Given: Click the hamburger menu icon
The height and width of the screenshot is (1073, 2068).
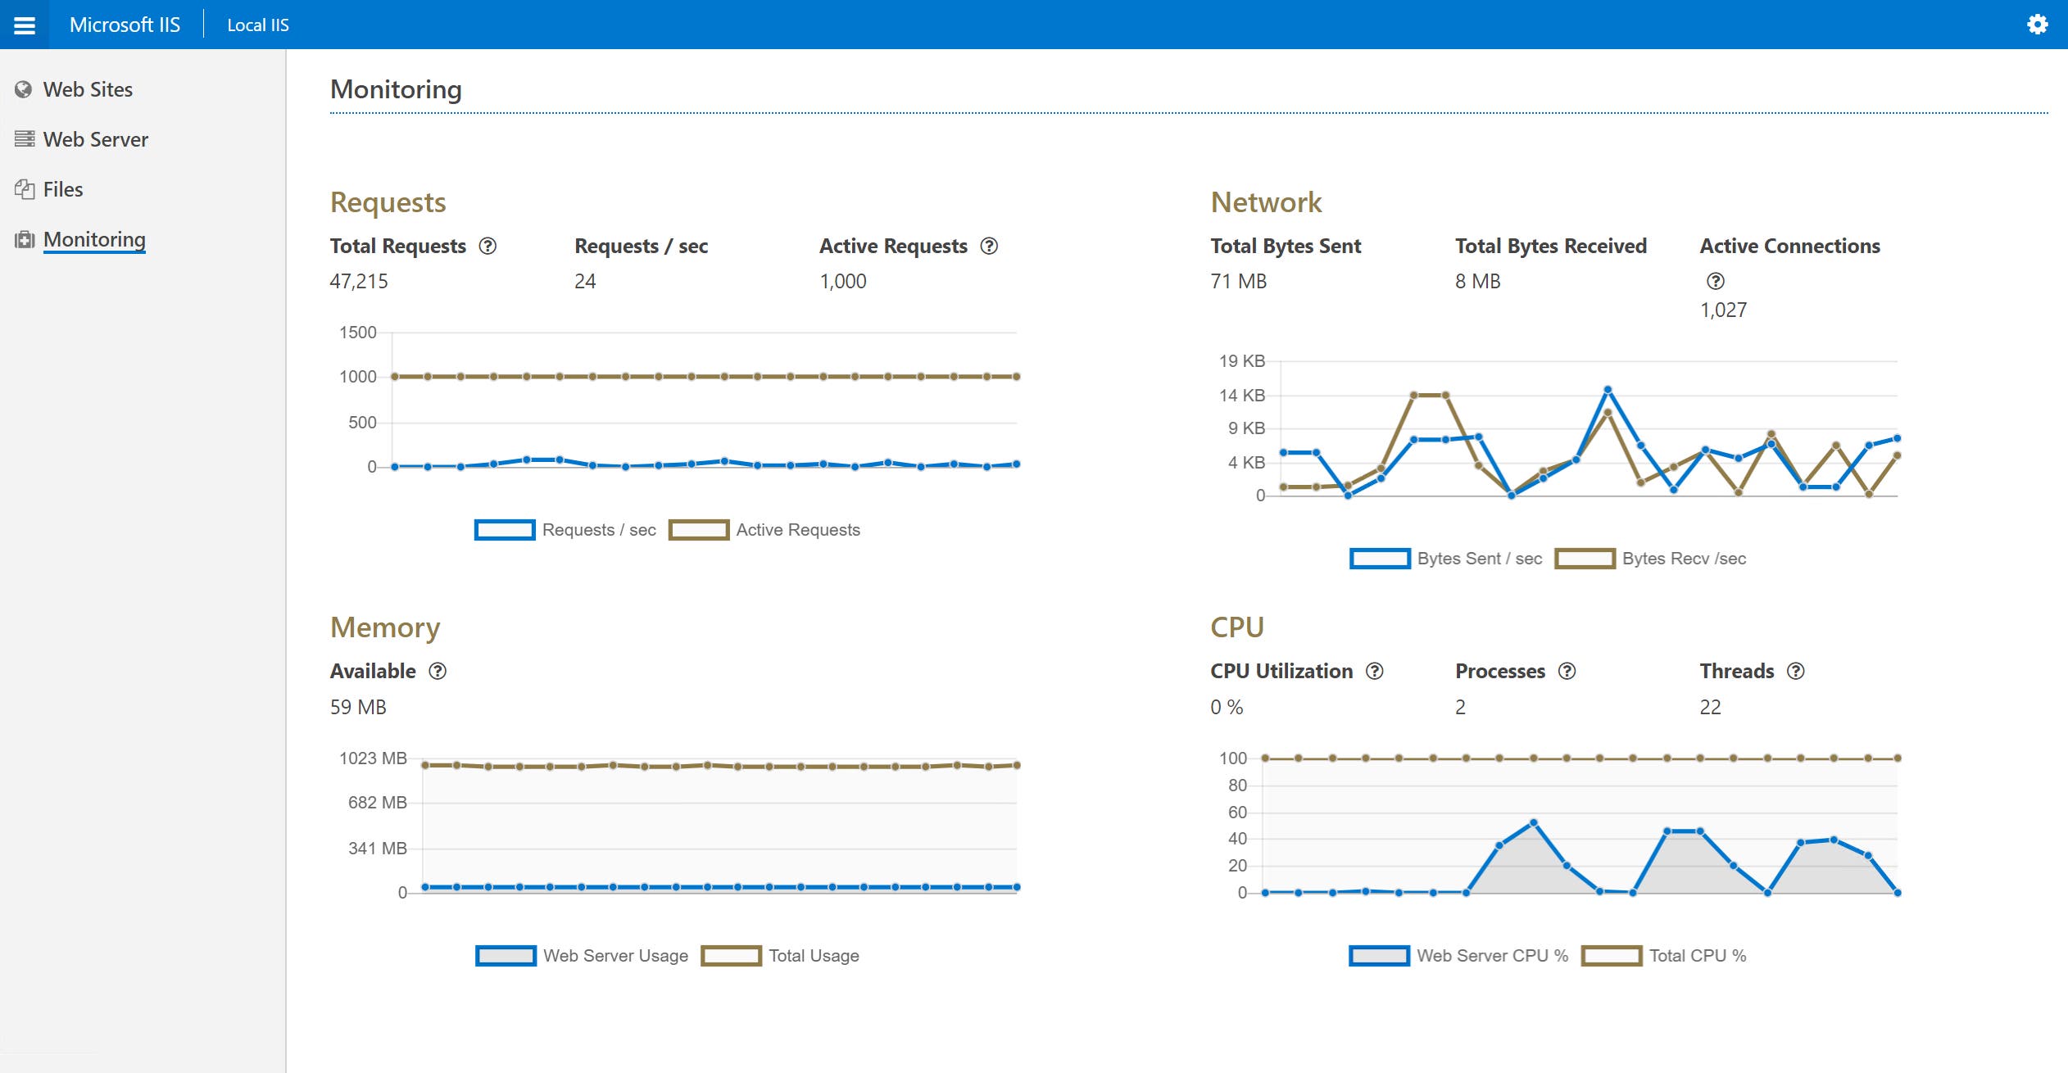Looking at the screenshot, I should click(x=25, y=25).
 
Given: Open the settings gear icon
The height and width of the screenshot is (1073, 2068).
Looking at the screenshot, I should click(x=2037, y=25).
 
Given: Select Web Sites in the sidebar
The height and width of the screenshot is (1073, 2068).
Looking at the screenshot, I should click(x=87, y=89).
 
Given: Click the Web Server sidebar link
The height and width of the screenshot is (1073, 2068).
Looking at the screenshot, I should click(x=95, y=139).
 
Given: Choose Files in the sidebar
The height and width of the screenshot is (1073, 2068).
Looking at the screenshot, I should click(x=62, y=189).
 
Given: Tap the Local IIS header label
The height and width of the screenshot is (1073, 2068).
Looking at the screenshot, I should click(x=257, y=25).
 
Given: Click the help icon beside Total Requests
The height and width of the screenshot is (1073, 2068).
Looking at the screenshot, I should click(x=488, y=246).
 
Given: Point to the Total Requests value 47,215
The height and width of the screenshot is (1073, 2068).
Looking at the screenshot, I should click(x=359, y=281).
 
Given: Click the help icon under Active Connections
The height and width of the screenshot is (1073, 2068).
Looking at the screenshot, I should click(x=1715, y=281).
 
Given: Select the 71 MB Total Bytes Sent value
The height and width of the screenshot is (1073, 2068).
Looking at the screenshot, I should click(x=1238, y=281).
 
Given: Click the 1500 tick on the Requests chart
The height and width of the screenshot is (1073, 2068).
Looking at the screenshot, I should click(x=357, y=333).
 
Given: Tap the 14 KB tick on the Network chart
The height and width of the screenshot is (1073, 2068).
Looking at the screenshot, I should click(x=1241, y=396).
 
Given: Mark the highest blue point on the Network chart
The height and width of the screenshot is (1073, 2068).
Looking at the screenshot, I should click(x=1607, y=390).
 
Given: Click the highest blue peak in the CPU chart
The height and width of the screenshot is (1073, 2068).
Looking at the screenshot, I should click(x=1532, y=822).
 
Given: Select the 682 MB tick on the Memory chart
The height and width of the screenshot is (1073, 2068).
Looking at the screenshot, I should click(x=377, y=803).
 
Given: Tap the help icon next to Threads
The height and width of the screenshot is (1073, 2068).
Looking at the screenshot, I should click(x=1795, y=671).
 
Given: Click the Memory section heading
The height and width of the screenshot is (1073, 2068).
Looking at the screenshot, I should click(x=385, y=627).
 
